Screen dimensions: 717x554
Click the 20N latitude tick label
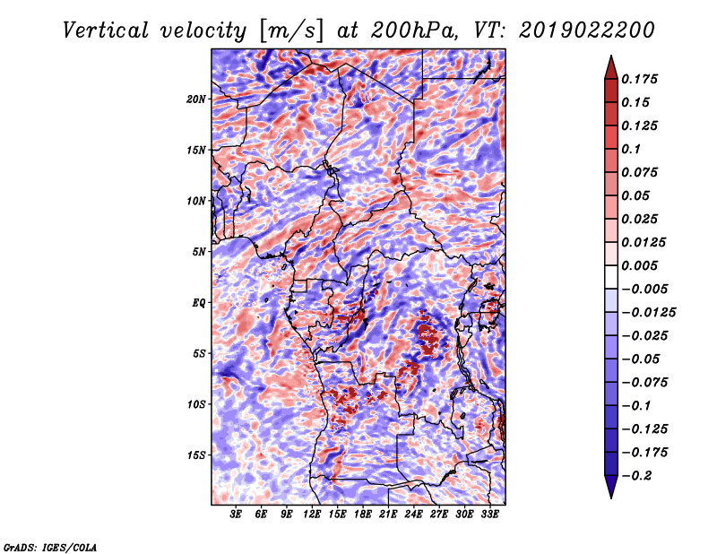click(196, 100)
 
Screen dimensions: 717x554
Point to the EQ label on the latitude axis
click(199, 303)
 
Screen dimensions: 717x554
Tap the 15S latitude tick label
click(196, 455)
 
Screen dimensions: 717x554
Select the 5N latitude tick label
click(199, 252)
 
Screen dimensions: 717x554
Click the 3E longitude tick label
click(236, 515)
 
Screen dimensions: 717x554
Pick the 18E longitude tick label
click(363, 515)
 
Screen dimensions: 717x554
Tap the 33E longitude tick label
click(489, 515)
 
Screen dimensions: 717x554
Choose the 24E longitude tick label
click(413, 515)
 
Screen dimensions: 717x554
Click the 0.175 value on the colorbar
click(639, 79)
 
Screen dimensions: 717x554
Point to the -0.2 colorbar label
click(636, 476)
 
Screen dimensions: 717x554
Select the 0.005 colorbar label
click(639, 265)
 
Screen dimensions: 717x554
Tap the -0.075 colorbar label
click(644, 383)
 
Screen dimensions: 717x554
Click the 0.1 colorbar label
click(631, 149)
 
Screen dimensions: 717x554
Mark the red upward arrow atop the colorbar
click(611, 67)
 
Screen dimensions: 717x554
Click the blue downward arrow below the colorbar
click(611, 487)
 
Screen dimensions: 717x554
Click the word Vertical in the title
click(106, 30)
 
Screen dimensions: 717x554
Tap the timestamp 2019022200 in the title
click(587, 30)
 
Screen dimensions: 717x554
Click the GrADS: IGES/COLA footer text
click(50, 548)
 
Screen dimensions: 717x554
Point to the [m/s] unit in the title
click(291, 31)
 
